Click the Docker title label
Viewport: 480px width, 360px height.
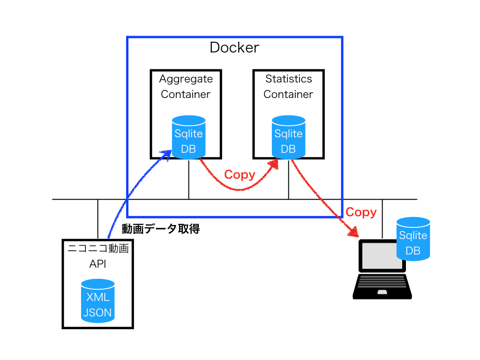pyautogui.click(x=234, y=48)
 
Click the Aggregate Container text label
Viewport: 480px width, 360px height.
pyautogui.click(x=186, y=87)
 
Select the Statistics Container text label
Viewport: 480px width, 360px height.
pyautogui.click(x=288, y=87)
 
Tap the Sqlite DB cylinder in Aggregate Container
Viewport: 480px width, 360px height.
pyautogui.click(x=188, y=138)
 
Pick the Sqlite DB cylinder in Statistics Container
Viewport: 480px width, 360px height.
pyautogui.click(x=288, y=138)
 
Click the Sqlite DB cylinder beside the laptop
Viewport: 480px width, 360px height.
pyautogui.click(x=413, y=239)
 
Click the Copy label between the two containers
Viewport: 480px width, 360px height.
pyautogui.click(x=240, y=175)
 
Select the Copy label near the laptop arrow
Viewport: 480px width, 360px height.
pyautogui.click(x=361, y=212)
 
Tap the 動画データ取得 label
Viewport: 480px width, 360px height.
pyautogui.click(x=161, y=229)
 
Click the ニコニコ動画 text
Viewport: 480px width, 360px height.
pyautogui.click(x=97, y=248)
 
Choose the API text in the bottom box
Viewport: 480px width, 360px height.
pyautogui.click(x=97, y=264)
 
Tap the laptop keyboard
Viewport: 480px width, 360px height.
pyautogui.click(x=382, y=282)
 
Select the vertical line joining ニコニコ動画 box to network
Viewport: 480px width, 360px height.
pyautogui.click(x=97, y=219)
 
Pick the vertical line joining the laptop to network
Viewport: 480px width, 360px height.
pyautogui.click(x=382, y=219)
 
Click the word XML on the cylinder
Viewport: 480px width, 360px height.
pyautogui.click(x=97, y=297)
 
